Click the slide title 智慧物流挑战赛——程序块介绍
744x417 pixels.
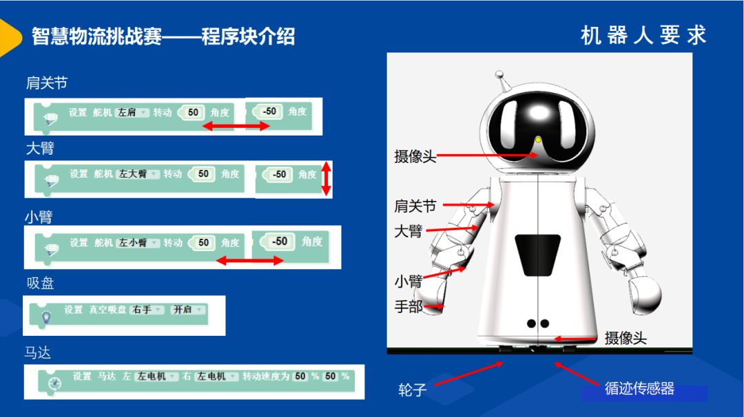[x=163, y=36]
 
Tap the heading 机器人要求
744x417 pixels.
[x=643, y=36]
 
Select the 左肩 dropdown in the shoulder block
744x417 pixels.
[x=132, y=112]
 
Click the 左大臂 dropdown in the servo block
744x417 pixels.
[x=138, y=174]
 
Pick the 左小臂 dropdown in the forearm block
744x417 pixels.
[x=138, y=243]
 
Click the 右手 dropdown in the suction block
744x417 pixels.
[x=147, y=310]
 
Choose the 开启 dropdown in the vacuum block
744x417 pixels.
[x=188, y=310]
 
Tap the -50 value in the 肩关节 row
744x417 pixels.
[x=269, y=111]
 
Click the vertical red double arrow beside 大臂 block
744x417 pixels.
[x=326, y=179]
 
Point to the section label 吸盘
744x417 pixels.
[x=41, y=284]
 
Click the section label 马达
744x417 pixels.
[x=37, y=352]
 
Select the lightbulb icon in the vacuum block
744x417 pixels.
[x=46, y=317]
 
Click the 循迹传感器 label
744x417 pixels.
[x=639, y=389]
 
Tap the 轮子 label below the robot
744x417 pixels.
[x=413, y=390]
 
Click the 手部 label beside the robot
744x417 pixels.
[x=409, y=307]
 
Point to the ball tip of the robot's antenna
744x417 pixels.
[x=499, y=74]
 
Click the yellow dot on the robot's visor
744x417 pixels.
[x=538, y=140]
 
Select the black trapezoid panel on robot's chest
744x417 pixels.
[x=537, y=255]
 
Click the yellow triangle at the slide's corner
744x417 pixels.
[x=10, y=37]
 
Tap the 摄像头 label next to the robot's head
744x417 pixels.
[x=415, y=156]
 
